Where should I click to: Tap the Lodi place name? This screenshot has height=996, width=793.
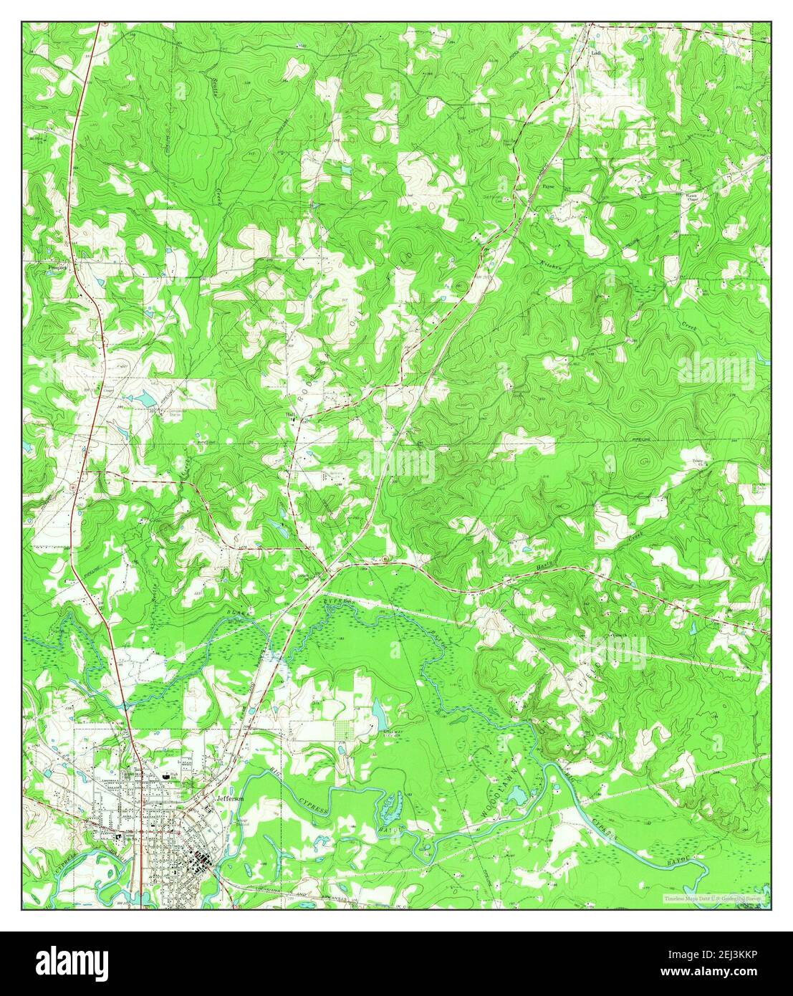(595, 52)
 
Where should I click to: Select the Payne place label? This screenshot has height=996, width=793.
(549, 186)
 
